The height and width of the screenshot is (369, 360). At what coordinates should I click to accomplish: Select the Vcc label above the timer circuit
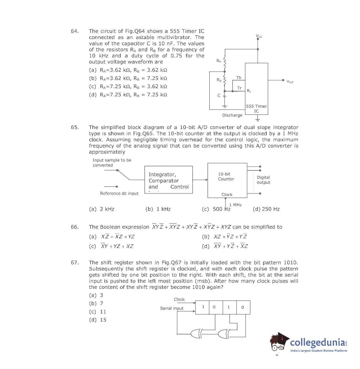[259, 35]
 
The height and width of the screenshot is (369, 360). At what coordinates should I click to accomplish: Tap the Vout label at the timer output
[290, 81]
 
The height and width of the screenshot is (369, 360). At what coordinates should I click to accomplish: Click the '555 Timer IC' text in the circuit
[256, 108]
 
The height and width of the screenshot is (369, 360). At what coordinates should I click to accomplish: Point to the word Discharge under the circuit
[232, 115]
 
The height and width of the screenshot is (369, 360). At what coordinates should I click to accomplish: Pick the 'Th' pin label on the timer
[239, 78]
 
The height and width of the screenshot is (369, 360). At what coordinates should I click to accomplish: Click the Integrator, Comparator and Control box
[169, 180]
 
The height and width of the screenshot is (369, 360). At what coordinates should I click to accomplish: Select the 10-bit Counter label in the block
[226, 176]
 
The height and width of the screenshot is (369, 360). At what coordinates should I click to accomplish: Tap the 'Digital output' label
[263, 180]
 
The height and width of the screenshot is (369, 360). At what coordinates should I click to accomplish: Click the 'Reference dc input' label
[119, 193]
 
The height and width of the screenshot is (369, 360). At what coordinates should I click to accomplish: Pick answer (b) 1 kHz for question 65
[158, 209]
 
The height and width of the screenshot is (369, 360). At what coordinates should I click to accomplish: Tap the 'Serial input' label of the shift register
[172, 308]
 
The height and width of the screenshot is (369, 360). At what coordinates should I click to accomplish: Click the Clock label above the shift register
[179, 299]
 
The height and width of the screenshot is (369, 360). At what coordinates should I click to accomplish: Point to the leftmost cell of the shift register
[203, 307]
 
